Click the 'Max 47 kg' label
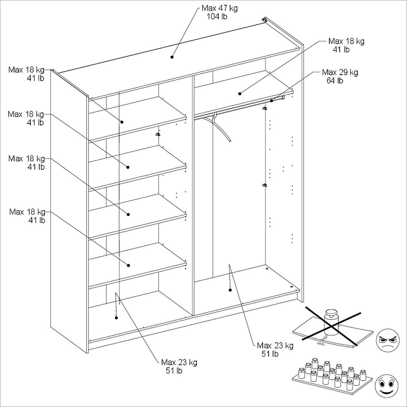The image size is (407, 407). [219, 8]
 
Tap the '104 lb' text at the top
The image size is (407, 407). [217, 17]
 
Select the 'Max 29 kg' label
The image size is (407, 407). [340, 72]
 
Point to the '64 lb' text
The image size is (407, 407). [335, 81]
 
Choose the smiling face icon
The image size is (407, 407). [387, 386]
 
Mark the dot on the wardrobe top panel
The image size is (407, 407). [172, 57]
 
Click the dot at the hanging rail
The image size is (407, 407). [272, 100]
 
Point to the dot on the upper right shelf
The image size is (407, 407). [240, 94]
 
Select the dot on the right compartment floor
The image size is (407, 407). [230, 290]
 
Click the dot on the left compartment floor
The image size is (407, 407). [116, 318]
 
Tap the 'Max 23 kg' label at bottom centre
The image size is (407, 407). [179, 362]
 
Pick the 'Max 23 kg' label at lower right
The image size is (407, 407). [275, 346]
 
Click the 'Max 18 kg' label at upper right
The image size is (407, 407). [346, 41]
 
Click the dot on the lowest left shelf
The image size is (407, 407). [128, 265]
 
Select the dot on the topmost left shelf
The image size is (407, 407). [121, 122]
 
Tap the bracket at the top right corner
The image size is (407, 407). [265, 20]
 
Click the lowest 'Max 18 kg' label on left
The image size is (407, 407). [27, 212]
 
